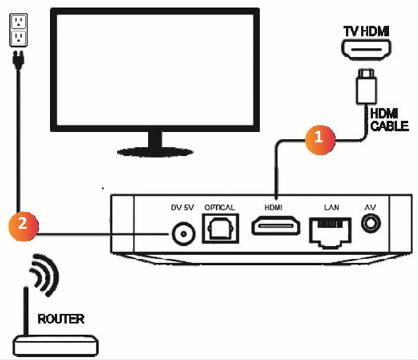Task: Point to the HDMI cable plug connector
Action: coord(364,88)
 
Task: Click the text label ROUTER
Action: coord(61,320)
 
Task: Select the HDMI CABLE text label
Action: coord(388,120)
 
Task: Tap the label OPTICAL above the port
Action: coord(219,207)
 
